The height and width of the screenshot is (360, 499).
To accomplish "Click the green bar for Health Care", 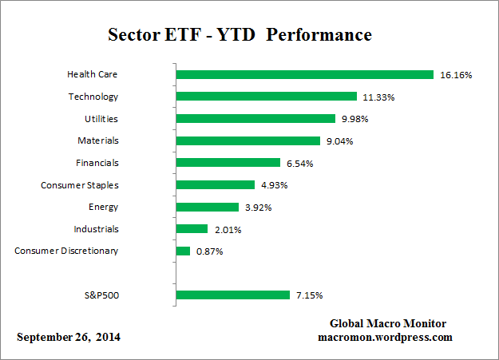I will [x=304, y=75].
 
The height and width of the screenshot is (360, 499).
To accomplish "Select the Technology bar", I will [x=266, y=97].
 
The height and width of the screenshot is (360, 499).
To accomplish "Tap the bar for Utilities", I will [x=255, y=119].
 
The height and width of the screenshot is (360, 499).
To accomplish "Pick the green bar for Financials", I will [x=228, y=163].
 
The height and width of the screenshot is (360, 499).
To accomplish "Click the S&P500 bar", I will [x=232, y=295].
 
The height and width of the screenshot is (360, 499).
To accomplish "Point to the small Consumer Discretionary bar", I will [x=183, y=251].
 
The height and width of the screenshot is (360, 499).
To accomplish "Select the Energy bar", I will [x=207, y=207].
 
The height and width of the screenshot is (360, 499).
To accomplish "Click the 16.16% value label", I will [x=456, y=75].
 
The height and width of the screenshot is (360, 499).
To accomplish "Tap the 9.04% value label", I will [x=338, y=141].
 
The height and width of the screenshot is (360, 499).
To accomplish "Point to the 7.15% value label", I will [x=309, y=295].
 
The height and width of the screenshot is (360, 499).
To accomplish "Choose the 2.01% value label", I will [x=226, y=229].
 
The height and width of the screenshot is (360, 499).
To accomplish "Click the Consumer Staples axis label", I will [x=80, y=184].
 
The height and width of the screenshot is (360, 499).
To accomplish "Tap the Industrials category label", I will [x=95, y=228].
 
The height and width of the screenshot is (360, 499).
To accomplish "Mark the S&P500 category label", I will [x=101, y=295].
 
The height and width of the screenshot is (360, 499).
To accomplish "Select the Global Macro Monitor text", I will [x=388, y=323].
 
